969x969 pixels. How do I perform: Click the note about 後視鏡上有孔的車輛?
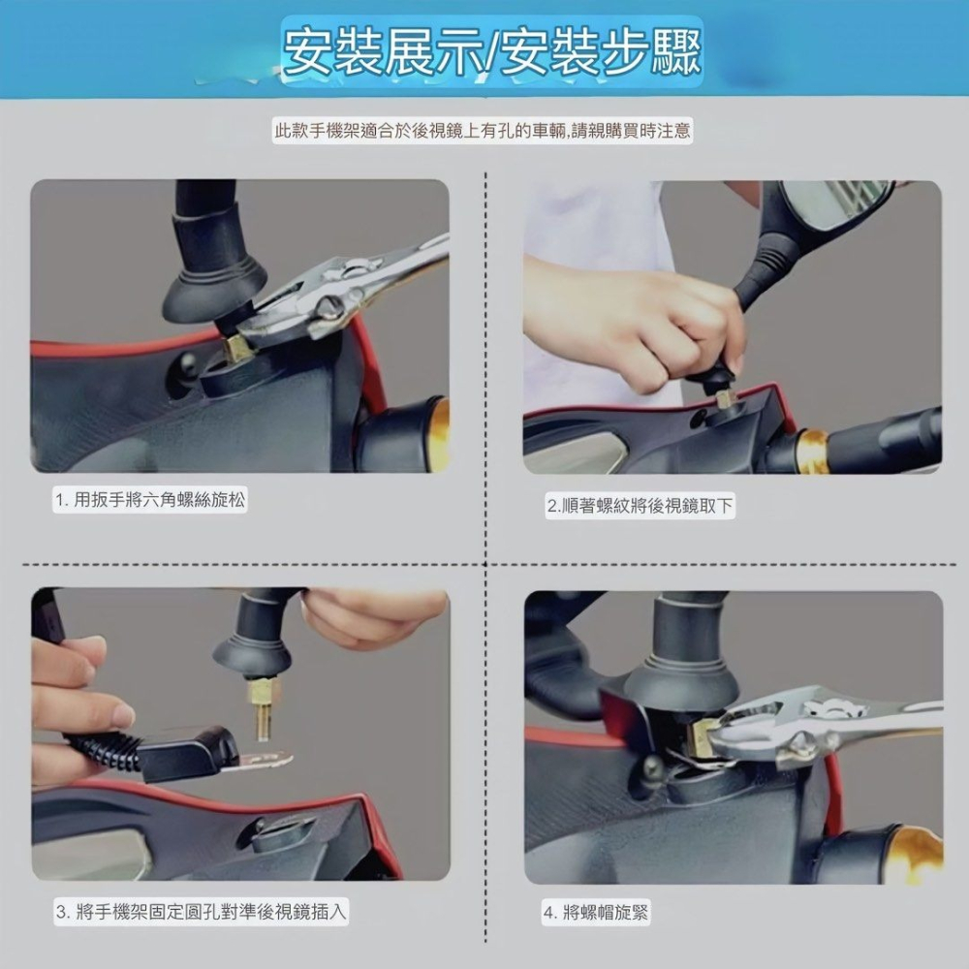pos(483,131)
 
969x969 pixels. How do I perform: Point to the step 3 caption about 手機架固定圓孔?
pos(200,911)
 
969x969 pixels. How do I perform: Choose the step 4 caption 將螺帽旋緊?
pos(595,912)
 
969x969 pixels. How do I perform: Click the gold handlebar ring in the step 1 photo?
pos(439,434)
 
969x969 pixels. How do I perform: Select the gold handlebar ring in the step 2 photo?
pos(812,451)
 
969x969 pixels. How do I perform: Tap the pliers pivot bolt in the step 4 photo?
pos(802,743)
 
